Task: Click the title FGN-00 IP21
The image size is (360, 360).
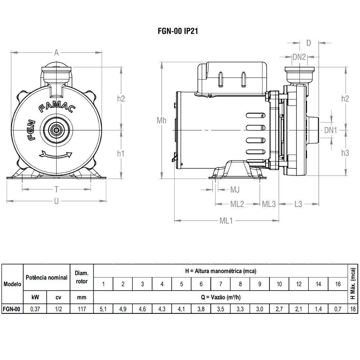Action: point(178,31)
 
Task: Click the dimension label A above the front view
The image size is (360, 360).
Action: point(57,53)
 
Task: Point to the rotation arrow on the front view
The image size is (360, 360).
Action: point(56,155)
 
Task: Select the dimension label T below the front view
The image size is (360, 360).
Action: point(56,189)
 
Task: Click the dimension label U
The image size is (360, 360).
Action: point(56,201)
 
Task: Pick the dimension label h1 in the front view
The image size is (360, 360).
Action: point(121,153)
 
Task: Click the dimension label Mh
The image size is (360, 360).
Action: point(161,120)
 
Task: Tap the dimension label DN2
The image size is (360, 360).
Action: point(299,57)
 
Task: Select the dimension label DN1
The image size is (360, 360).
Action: point(331,130)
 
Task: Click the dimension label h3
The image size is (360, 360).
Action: point(345,153)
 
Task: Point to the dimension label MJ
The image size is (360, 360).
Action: point(235,190)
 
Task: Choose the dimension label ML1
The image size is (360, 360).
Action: point(226,221)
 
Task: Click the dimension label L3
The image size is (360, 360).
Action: point(298,204)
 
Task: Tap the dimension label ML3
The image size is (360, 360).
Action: point(269,204)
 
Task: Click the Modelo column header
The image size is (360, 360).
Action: point(12,284)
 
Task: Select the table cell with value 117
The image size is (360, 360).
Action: point(82,309)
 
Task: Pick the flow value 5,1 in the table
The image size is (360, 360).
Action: point(103,309)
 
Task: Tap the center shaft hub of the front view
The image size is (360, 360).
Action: point(57,130)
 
